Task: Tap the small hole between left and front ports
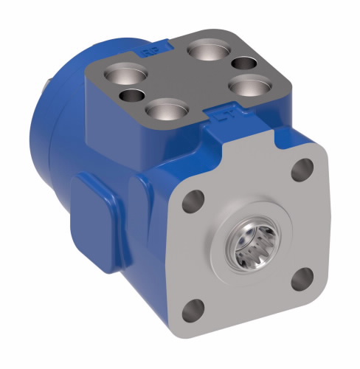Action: click(132, 96)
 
